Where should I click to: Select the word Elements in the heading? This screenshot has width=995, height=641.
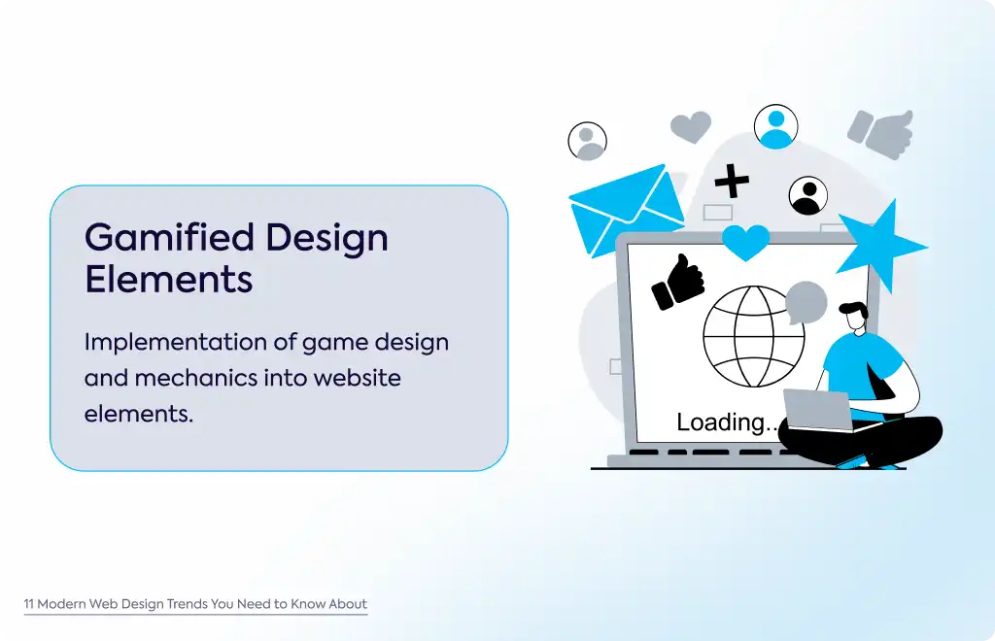pyautogui.click(x=169, y=280)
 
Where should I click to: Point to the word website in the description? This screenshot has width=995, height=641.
pyautogui.click(x=358, y=378)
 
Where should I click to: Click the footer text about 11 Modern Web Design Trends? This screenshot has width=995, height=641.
pyautogui.click(x=195, y=603)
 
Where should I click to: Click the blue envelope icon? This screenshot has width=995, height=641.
pyautogui.click(x=626, y=211)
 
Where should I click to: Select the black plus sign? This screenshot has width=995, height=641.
pyautogui.click(x=732, y=182)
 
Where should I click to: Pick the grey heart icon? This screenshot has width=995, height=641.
pyautogui.click(x=691, y=127)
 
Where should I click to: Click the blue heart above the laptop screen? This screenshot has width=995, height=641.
pyautogui.click(x=745, y=242)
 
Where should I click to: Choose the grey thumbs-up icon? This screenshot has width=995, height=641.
pyautogui.click(x=881, y=134)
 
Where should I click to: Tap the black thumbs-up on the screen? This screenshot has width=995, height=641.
pyautogui.click(x=678, y=283)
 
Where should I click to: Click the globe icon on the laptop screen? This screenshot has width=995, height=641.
pyautogui.click(x=753, y=336)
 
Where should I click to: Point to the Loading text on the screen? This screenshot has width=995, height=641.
pyautogui.click(x=727, y=422)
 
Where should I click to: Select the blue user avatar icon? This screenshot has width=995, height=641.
pyautogui.click(x=775, y=127)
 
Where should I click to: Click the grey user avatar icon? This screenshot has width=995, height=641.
pyautogui.click(x=587, y=141)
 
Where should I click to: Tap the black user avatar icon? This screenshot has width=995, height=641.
pyautogui.click(x=807, y=195)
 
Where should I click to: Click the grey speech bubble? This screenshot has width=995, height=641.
pyautogui.click(x=806, y=302)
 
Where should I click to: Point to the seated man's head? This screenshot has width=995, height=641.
pyautogui.click(x=854, y=317)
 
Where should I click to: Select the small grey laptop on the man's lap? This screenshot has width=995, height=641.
pyautogui.click(x=817, y=410)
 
